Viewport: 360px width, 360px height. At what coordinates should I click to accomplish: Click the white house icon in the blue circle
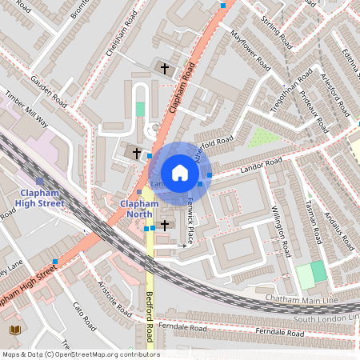tap(180, 173)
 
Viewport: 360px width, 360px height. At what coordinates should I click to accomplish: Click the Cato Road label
tap(83, 317)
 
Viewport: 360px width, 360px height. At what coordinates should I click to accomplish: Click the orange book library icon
tap(14, 330)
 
